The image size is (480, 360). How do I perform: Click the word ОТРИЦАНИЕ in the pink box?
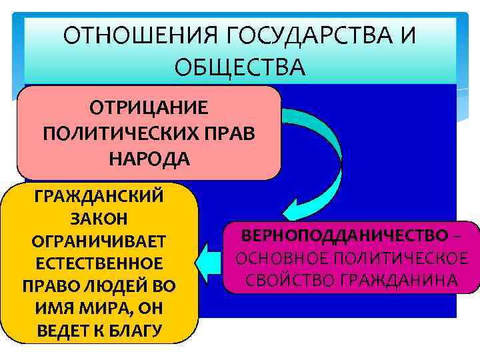pos(149,108)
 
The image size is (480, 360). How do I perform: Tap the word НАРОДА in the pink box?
pos(149,159)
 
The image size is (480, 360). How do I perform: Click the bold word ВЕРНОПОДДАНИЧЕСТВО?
pos(345,235)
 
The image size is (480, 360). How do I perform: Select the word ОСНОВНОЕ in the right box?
pos(281,258)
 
